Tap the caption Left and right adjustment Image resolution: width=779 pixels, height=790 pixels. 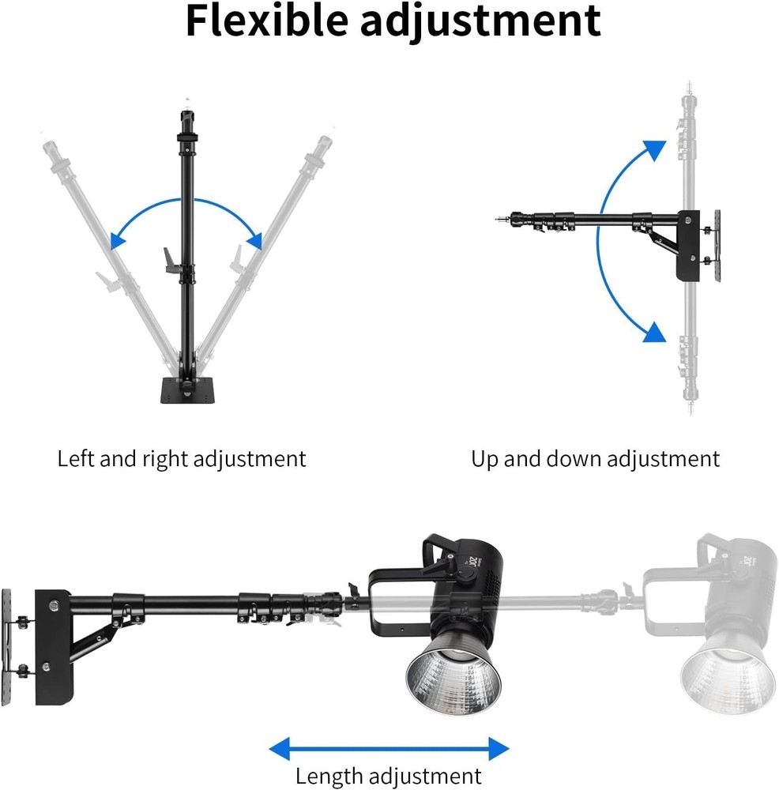pyautogui.click(x=181, y=458)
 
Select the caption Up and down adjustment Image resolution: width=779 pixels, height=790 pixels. pyautogui.click(x=596, y=458)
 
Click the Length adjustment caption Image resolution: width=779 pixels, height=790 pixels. pyautogui.click(x=388, y=776)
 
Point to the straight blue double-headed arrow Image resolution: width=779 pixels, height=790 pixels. pyautogui.click(x=389, y=747)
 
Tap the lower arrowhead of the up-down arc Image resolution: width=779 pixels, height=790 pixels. pyautogui.click(x=653, y=332)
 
